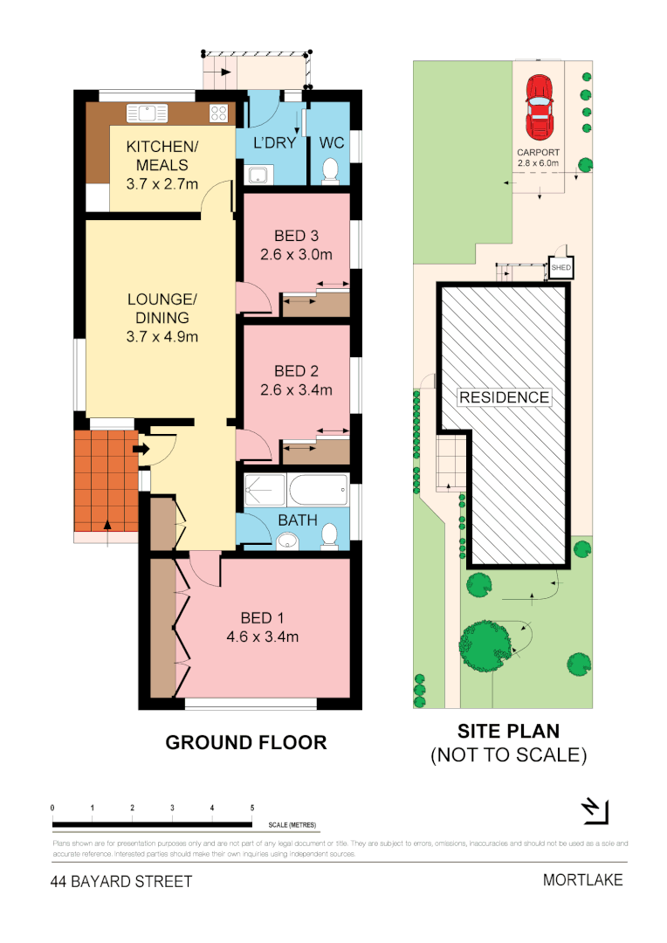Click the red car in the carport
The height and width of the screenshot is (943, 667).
(539, 108)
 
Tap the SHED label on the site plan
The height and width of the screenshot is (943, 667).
(560, 268)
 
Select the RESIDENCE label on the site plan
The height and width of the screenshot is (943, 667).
(505, 397)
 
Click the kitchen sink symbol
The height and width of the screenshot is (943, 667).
(146, 114)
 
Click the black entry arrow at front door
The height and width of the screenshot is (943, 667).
(139, 450)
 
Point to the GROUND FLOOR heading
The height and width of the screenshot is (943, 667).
(246, 743)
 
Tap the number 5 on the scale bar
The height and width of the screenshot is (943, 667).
(252, 809)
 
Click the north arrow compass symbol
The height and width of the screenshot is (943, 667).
(594, 810)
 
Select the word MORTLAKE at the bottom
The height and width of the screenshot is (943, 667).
(582, 879)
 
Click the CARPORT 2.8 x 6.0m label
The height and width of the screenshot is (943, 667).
(538, 157)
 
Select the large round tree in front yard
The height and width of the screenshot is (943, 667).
(485, 646)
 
